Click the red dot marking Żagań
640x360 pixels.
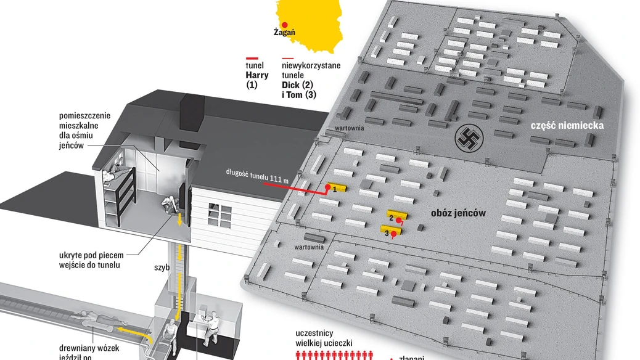[x=284, y=24]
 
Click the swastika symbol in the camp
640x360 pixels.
[x=467, y=139]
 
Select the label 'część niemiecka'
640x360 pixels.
[x=567, y=126]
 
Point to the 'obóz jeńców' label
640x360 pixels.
[x=458, y=213]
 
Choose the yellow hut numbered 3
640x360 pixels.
[x=391, y=231]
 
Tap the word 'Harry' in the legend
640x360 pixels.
[x=257, y=75]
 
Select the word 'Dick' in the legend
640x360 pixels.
[x=293, y=85]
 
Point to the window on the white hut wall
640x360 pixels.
[x=219, y=214]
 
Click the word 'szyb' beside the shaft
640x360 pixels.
[x=162, y=269]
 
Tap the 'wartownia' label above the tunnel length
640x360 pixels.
[x=349, y=128]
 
